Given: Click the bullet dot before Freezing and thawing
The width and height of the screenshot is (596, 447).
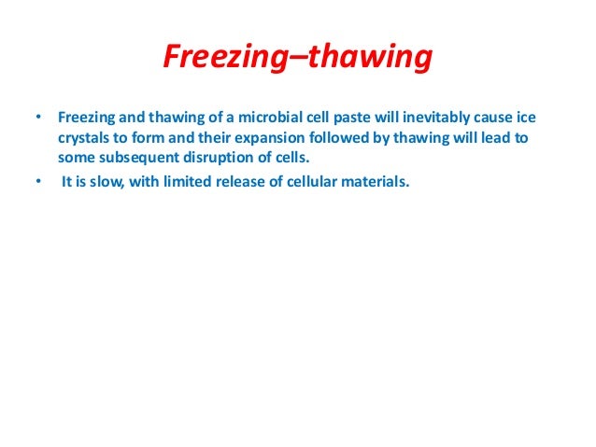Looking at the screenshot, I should (x=38, y=119).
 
